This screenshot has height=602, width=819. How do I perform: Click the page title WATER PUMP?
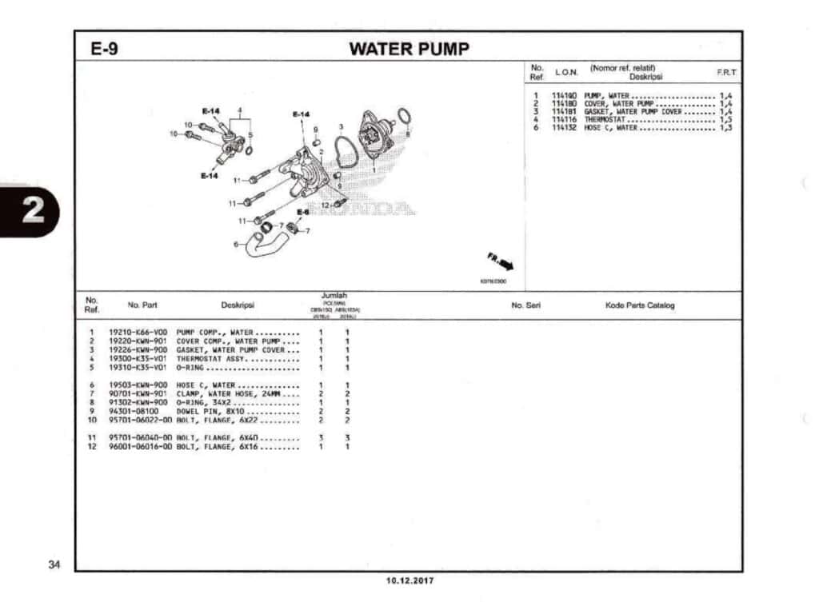coord(409,49)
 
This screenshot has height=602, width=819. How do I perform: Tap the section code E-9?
coord(105,49)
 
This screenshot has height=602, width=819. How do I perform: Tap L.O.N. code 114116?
coord(564,120)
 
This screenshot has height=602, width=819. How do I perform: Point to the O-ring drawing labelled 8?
coord(405,118)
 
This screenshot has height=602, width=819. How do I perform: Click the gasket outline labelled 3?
coord(346,152)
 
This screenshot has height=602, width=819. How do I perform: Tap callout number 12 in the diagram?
coord(326,205)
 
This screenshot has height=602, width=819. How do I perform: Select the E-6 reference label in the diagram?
coord(303,212)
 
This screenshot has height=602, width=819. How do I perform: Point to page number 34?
coord(54,565)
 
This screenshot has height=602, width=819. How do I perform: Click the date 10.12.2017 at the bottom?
coord(409,580)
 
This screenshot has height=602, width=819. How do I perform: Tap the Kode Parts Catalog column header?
coord(639,305)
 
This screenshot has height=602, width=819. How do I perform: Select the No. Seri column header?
coord(527,305)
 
